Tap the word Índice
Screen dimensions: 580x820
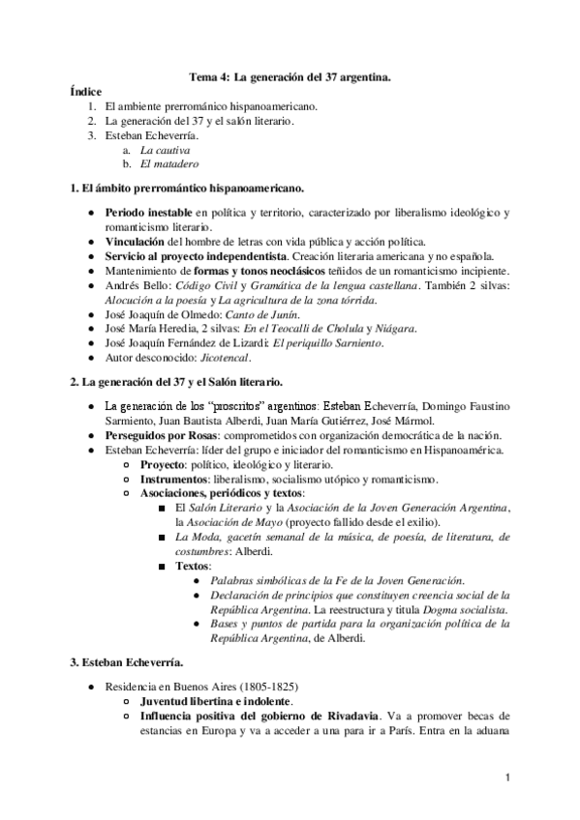86,90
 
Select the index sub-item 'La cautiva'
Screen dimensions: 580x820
165,151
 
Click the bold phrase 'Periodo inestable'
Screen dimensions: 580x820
148,211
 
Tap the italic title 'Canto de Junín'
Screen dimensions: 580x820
261,315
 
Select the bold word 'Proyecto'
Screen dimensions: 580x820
164,465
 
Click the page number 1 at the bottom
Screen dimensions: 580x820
508,776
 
